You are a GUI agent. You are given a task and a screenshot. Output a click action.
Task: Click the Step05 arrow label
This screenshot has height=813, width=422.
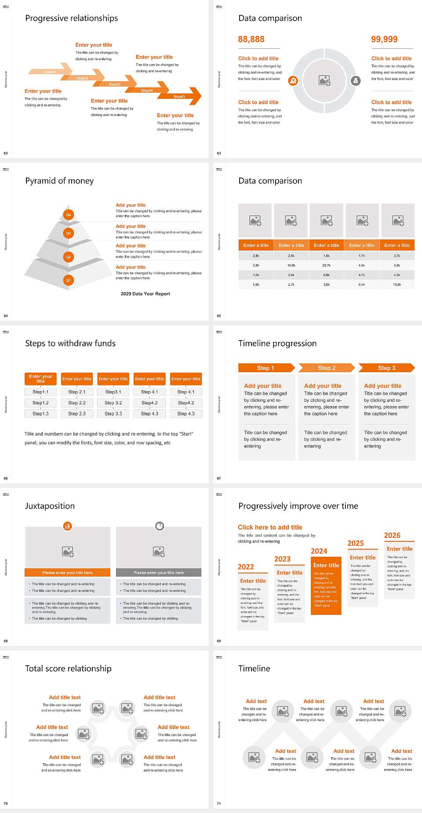(x=179, y=96)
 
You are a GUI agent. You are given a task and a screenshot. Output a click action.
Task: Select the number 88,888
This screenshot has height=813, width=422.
(x=251, y=39)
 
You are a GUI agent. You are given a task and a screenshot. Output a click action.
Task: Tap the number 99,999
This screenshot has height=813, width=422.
(x=384, y=39)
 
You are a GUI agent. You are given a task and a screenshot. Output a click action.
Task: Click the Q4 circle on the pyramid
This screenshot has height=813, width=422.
(x=69, y=215)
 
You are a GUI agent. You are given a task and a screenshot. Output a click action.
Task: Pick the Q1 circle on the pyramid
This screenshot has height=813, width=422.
(x=69, y=280)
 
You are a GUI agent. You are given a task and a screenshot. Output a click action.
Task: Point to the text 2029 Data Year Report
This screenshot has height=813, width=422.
(x=146, y=294)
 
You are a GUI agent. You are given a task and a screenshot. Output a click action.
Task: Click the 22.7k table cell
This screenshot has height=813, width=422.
(x=326, y=265)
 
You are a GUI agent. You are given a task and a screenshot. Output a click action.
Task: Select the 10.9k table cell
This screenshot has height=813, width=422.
(x=397, y=284)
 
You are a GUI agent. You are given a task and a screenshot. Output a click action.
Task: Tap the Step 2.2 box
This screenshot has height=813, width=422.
(x=77, y=403)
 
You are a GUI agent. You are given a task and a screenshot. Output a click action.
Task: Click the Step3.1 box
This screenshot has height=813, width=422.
(x=113, y=392)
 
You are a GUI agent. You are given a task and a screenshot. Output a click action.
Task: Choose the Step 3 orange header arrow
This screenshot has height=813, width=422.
(x=386, y=368)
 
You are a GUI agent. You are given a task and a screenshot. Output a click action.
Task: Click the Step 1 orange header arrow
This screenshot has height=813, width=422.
(x=266, y=368)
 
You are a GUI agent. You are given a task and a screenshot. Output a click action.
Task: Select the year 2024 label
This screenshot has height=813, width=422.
(x=319, y=551)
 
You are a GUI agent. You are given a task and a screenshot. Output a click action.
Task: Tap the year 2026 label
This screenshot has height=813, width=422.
(x=392, y=535)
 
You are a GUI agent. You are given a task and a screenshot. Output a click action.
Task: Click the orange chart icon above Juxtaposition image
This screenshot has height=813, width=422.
(x=67, y=526)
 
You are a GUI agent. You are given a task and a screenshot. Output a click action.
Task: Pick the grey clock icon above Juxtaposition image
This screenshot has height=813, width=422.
(x=160, y=526)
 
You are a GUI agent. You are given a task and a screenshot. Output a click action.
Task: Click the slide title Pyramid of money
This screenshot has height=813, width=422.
(x=59, y=181)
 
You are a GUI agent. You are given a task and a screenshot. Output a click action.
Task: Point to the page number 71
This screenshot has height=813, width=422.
(x=219, y=803)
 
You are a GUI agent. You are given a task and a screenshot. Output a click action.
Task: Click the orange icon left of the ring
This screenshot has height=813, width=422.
(x=293, y=80)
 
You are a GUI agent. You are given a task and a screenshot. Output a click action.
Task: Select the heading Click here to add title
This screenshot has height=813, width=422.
(x=270, y=527)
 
